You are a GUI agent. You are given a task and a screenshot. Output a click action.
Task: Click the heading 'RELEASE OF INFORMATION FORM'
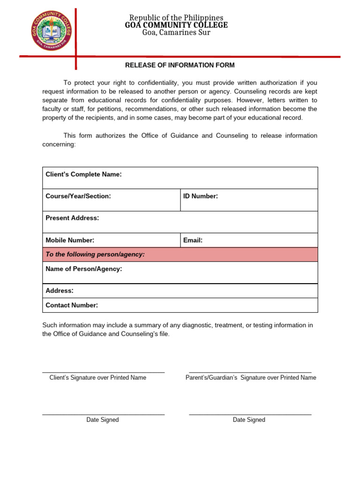pos(180,65)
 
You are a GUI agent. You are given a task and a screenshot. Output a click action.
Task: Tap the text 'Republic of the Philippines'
pos(176,18)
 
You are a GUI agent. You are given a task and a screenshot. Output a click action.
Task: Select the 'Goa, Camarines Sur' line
pos(176,32)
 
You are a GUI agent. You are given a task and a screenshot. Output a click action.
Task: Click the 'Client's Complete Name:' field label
pos(83,174)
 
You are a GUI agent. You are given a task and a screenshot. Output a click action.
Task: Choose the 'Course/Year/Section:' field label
pos(78,196)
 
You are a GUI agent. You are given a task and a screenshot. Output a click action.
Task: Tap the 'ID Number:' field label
pos(201,196)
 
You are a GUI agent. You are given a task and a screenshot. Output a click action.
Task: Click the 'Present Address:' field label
pos(72,218)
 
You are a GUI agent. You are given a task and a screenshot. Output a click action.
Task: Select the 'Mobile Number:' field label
pos(70,240)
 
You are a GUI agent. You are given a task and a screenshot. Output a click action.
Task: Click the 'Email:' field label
pos(193,240)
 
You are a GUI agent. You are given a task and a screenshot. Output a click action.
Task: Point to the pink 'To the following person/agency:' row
pos(180,255)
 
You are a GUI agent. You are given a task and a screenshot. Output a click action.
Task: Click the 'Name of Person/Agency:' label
pos(84,269)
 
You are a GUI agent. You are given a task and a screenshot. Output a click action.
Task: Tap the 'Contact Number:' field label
pos(72,305)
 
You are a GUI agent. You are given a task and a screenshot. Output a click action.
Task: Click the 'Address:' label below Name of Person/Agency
pos(60,291)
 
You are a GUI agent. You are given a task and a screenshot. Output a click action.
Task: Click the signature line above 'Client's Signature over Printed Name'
pos(103,372)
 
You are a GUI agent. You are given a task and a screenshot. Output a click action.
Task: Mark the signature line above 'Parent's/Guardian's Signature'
pos(250,372)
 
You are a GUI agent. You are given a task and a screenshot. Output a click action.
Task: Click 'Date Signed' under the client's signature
pos(102,420)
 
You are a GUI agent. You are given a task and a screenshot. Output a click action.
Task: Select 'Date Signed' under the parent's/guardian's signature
pos(249,420)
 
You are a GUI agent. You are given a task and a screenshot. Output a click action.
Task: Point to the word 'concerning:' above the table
pos(59,144)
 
